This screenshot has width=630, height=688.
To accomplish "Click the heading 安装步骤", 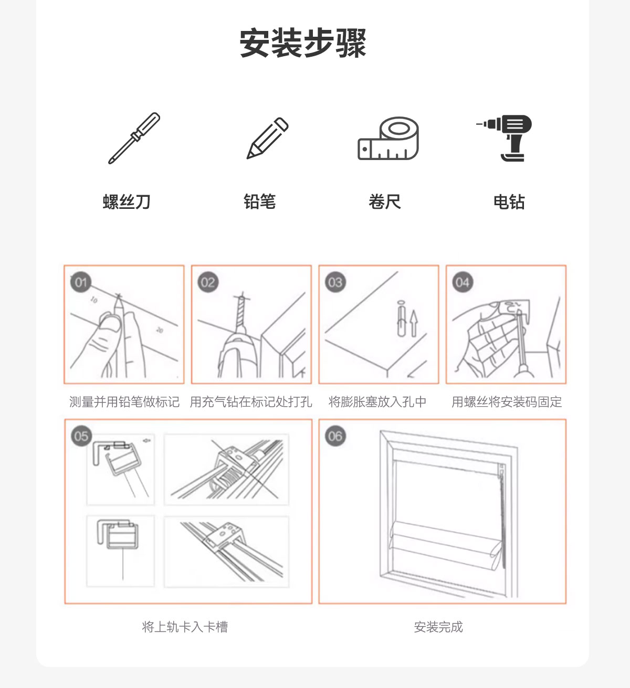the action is coord(302,43).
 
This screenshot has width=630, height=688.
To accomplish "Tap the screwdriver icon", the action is coord(134,138).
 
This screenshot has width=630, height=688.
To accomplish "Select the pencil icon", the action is coord(267,138).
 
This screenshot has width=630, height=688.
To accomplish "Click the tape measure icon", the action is coord(388,138).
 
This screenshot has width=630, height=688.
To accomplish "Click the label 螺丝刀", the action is coord(127,202).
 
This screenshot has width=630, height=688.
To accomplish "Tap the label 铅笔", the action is coord(260,202).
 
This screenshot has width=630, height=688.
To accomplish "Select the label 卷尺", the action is coord(385,202).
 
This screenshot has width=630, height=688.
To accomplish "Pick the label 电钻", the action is coord(509,202).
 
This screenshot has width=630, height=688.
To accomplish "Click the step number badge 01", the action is coord(81,282).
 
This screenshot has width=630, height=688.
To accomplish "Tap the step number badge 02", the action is coord(208,282).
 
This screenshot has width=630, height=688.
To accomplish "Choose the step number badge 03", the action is coord(335,282).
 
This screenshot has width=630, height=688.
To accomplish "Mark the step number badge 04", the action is coord(463,282).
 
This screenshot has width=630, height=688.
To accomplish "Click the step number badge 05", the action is coord(81,436).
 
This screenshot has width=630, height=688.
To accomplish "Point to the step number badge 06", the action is coord(335,436).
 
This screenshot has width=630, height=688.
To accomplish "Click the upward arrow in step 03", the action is coord(414,323).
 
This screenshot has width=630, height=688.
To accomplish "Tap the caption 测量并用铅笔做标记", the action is coord(124,401).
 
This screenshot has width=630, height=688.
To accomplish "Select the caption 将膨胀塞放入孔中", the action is coord(377,401).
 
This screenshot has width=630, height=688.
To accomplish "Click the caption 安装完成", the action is coord(438,627).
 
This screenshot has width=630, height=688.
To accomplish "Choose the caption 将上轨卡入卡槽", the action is coord(185,627).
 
